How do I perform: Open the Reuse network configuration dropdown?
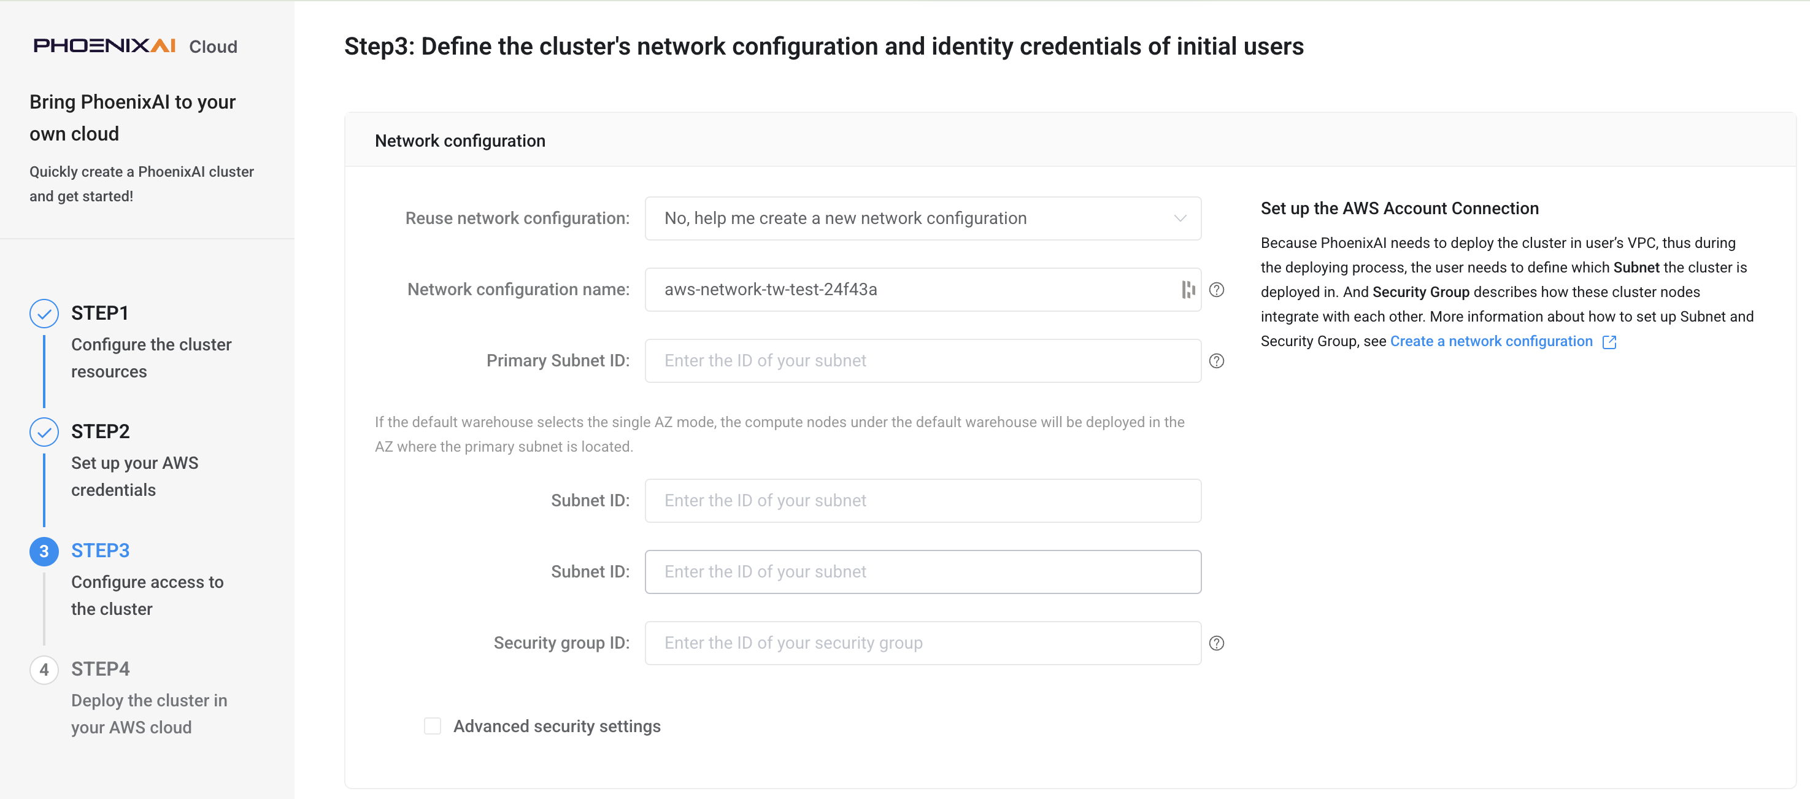tap(923, 218)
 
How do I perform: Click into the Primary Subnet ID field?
tap(923, 360)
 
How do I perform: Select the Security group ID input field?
tap(923, 643)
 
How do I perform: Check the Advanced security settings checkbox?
tap(432, 726)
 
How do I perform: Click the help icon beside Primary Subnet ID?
tap(1216, 360)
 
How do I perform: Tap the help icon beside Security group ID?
tap(1216, 643)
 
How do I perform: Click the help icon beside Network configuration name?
tap(1216, 290)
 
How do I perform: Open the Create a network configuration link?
tap(1491, 342)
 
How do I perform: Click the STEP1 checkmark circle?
tap(44, 314)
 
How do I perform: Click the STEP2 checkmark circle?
tap(44, 432)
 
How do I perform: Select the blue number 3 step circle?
tap(44, 551)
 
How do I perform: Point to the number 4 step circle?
tap(44, 670)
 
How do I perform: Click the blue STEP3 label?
tap(101, 550)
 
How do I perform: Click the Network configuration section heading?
tap(460, 141)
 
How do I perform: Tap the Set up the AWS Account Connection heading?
tap(1399, 208)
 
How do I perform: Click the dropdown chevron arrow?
tap(1180, 218)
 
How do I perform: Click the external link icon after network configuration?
tap(1609, 342)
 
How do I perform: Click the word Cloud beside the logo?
tap(213, 47)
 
